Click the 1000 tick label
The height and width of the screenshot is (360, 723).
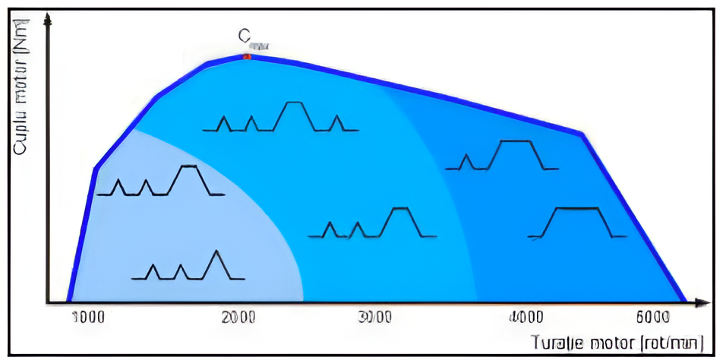(x=89, y=317)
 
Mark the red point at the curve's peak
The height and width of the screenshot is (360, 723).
(x=246, y=56)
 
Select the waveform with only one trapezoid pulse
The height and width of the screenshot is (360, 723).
(x=579, y=221)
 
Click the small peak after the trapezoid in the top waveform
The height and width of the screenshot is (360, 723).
(x=338, y=121)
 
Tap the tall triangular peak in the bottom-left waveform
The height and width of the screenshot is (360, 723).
(x=218, y=262)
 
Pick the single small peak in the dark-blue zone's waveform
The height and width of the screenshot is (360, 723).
(x=468, y=160)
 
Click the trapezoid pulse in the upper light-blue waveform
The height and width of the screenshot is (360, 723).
(x=187, y=178)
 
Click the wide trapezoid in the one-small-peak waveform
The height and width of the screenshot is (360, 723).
(x=516, y=153)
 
